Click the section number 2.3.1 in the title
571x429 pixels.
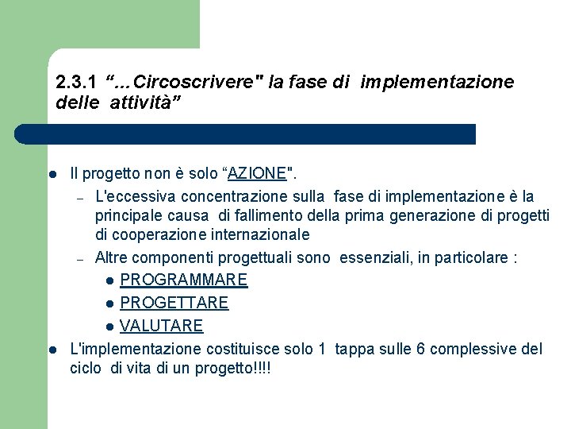[x=76, y=82]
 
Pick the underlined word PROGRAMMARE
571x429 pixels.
[x=183, y=280]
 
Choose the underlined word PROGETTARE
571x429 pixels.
[x=174, y=303]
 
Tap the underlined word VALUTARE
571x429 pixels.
[x=161, y=326]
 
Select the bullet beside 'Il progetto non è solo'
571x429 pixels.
[x=51, y=174]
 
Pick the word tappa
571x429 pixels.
[x=354, y=349]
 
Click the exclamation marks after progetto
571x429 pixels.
[x=259, y=369]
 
